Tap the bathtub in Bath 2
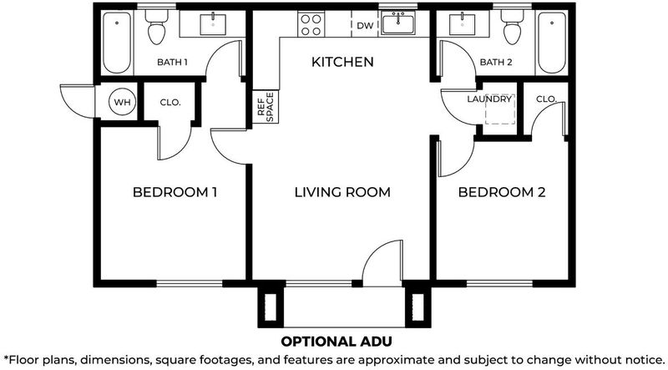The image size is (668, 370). coord(552,43)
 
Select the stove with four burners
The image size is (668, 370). coord(311,25)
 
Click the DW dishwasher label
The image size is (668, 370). coord(365,26)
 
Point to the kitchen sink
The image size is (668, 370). coord(398,23)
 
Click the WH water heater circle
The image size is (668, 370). coord(123,102)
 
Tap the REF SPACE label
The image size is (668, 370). coord(266,107)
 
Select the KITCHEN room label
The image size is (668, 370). coord(342,62)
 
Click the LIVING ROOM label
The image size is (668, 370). coord(342,192)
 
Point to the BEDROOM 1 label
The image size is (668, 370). coord(175,192)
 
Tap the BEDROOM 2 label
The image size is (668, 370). coord(502,192)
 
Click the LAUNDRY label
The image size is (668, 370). coord(489,99)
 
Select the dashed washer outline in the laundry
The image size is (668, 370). coord(500,109)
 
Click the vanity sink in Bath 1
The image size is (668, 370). coord(213,25)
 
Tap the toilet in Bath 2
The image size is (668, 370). coord(512,27)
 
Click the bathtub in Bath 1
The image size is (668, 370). coord(117,43)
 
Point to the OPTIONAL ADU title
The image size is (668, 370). coord(337,342)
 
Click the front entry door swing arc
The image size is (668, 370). coord(376,255)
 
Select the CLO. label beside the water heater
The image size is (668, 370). coord(170,103)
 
